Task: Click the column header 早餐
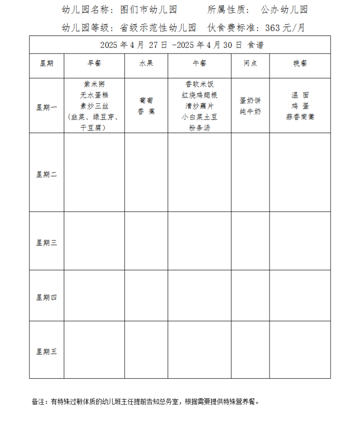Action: [x=94, y=63]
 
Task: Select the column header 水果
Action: [x=146, y=63]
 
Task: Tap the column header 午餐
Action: [x=199, y=63]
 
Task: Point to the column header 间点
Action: [x=250, y=63]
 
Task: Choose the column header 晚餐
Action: [x=300, y=63]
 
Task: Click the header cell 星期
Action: [x=46, y=63]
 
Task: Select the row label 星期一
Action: [x=46, y=107]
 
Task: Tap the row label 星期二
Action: [x=46, y=174]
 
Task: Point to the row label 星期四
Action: [x=46, y=297]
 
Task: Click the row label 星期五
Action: [x=46, y=352]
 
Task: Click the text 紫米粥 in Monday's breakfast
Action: [x=94, y=84]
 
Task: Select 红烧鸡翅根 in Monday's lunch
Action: [x=200, y=95]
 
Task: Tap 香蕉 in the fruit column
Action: [x=146, y=112]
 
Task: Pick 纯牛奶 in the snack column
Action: [x=250, y=112]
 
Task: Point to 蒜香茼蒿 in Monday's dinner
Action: [x=300, y=117]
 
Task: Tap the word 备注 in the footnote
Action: [x=39, y=401]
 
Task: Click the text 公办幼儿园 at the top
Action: [x=284, y=10]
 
